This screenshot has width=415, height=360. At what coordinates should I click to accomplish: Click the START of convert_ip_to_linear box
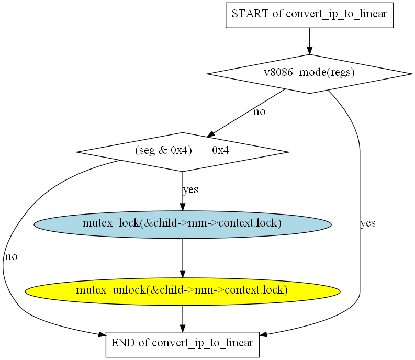pos(309,15)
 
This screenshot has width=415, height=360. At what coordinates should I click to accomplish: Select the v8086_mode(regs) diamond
pos(309,74)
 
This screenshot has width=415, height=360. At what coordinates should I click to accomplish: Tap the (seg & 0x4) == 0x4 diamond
pos(182,152)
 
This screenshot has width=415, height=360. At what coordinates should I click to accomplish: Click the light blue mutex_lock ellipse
pos(182,224)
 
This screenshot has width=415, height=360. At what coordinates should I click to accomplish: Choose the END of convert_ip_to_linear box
pos(183,344)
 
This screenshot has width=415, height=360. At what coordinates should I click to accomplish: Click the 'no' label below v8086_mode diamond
pos(259,112)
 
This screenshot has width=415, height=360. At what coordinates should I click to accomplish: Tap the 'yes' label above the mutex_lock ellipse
pos(190,189)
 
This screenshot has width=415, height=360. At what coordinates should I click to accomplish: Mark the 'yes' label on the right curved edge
pos(368,223)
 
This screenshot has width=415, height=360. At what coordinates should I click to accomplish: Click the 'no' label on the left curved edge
pos(11,257)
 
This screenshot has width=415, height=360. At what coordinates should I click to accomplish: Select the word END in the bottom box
pos(122,344)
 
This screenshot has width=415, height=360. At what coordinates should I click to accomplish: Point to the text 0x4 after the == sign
pos(219,152)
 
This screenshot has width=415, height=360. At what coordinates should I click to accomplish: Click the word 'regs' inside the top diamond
pos(343,73)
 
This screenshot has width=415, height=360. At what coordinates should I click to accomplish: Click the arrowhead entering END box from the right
pos(264,334)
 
